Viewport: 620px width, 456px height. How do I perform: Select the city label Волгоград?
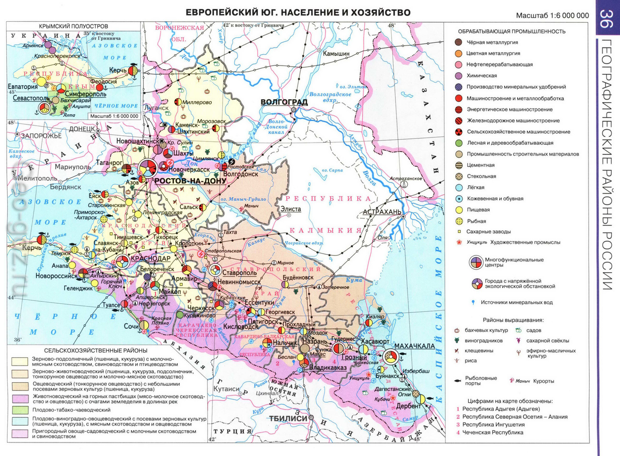click(x=284, y=102)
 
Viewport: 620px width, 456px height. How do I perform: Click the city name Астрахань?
click(x=382, y=212)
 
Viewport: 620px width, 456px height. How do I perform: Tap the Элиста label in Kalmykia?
click(x=290, y=209)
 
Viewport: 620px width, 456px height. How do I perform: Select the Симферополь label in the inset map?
click(x=72, y=95)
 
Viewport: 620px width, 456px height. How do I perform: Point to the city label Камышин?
click(x=336, y=54)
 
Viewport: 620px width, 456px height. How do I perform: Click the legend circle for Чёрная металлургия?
click(x=458, y=42)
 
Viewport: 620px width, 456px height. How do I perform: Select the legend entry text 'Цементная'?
click(x=481, y=165)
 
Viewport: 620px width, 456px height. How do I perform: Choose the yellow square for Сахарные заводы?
click(x=458, y=232)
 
